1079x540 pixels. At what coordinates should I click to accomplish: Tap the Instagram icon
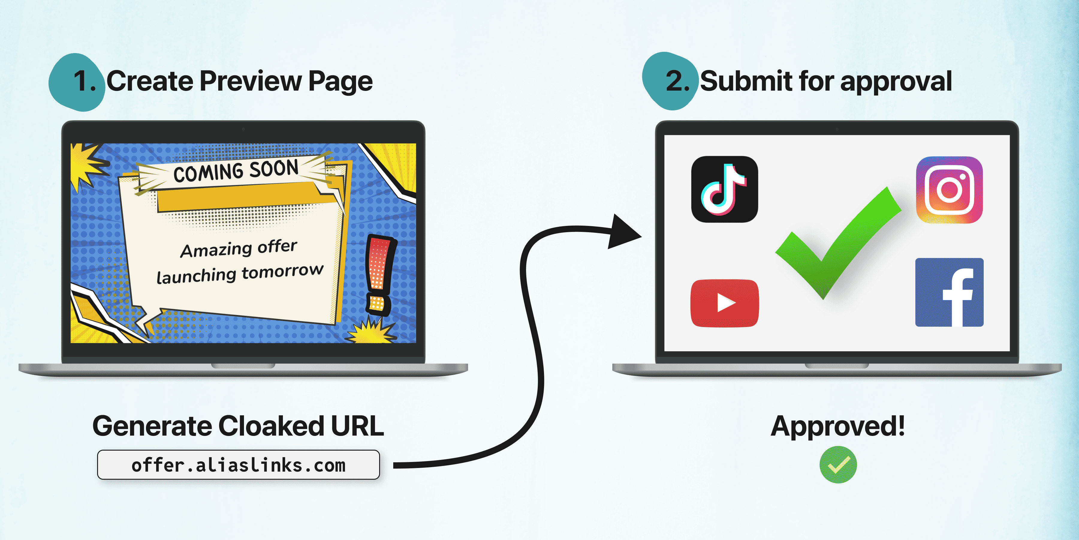coord(949,190)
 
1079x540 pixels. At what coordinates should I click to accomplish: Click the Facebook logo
coord(949,292)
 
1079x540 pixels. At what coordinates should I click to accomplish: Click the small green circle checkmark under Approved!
coord(838,464)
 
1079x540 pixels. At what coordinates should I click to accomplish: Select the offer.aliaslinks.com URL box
coord(238,464)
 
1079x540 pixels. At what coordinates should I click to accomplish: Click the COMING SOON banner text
coord(236,171)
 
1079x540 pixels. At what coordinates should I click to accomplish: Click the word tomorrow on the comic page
coord(283,272)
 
